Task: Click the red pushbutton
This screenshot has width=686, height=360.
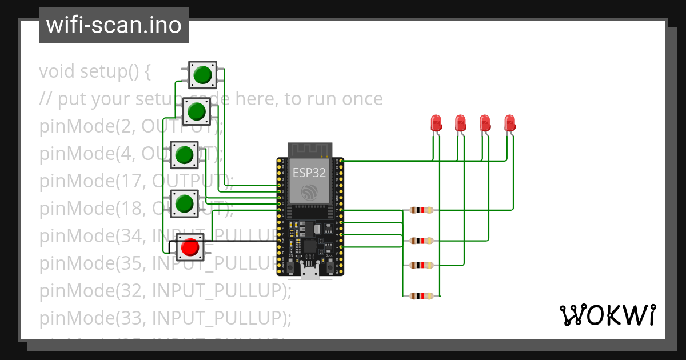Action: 190,247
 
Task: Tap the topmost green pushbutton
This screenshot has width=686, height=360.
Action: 202,75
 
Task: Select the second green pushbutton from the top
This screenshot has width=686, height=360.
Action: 197,111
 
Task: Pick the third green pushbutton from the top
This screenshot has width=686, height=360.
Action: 184,154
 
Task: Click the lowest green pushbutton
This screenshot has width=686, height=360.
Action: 184,203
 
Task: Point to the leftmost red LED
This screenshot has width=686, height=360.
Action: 436,123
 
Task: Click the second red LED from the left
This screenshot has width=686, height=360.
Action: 460,123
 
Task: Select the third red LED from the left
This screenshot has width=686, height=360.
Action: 485,123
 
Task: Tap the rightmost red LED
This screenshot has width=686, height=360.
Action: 509,123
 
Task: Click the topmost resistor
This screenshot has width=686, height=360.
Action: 421,210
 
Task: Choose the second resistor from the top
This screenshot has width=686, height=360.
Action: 421,241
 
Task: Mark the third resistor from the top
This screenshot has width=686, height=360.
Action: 421,265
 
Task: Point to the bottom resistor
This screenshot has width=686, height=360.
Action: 421,295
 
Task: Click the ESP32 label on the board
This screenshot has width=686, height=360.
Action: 309,173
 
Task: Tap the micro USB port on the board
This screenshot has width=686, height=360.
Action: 310,273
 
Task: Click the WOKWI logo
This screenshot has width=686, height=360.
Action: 607,315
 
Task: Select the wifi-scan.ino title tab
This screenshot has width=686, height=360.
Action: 114,25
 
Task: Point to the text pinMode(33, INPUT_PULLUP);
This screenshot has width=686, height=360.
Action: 165,318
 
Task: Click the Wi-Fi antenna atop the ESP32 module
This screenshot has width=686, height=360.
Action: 309,150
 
